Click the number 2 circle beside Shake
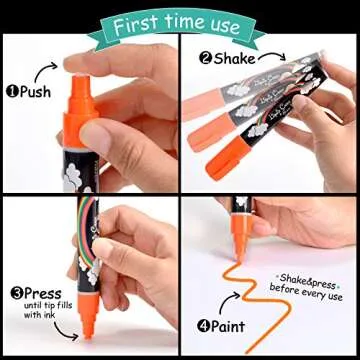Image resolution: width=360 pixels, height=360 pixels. coord(206,58)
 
